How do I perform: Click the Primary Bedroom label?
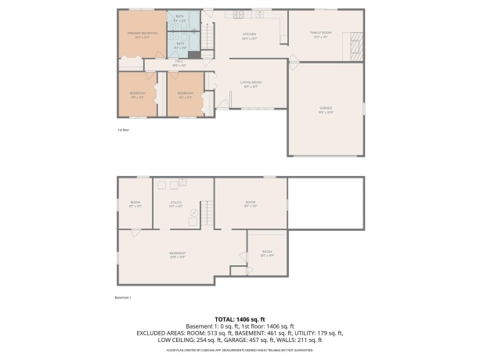pyautogui.click(x=143, y=34)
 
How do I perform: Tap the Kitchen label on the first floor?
pyautogui.click(x=250, y=36)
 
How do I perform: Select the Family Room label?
pyautogui.click(x=322, y=34)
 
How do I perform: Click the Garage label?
pyautogui.click(x=326, y=111)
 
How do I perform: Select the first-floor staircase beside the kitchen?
pyautogui.click(x=208, y=36)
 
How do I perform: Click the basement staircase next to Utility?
pyautogui.click(x=207, y=212)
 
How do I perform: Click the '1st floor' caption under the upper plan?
pyautogui.click(x=122, y=129)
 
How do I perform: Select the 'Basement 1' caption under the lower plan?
pyautogui.click(x=124, y=297)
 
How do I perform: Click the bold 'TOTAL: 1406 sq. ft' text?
pyautogui.click(x=240, y=319)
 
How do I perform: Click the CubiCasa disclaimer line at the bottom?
pyautogui.click(x=240, y=350)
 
